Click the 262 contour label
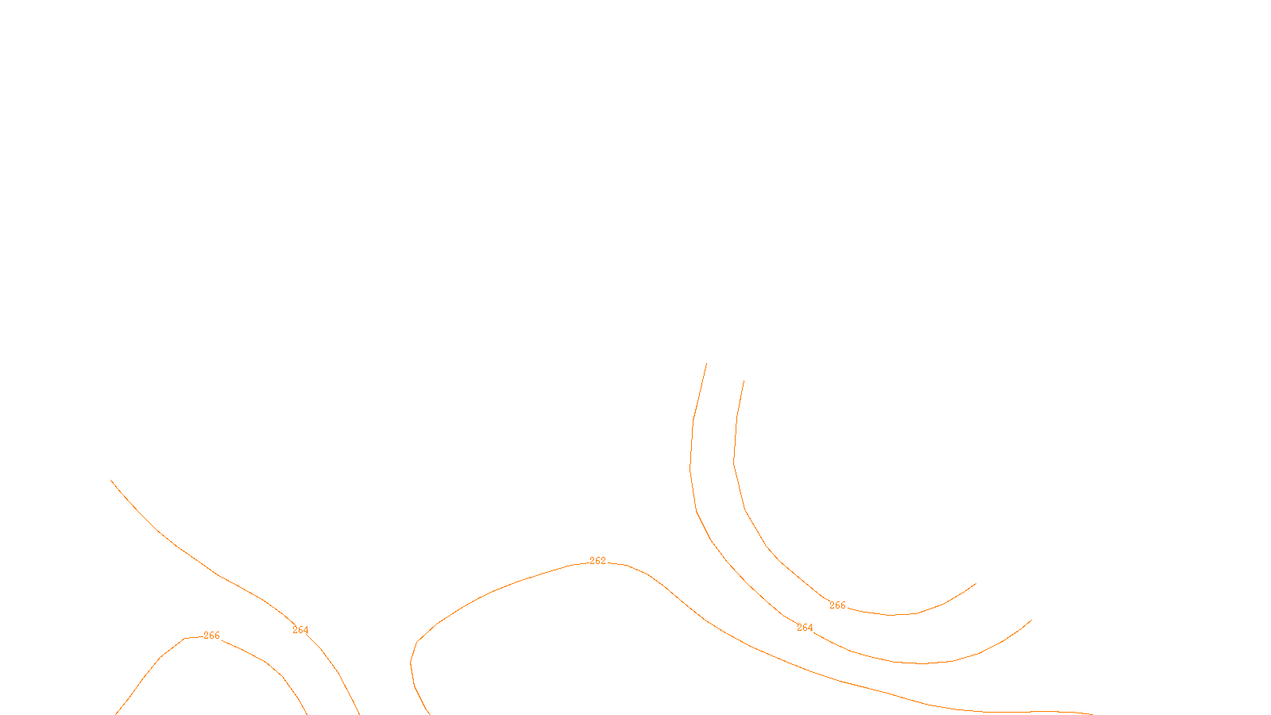click(x=597, y=561)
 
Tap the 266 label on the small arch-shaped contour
click(x=211, y=636)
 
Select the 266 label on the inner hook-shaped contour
click(x=837, y=605)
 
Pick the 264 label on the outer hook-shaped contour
click(x=805, y=628)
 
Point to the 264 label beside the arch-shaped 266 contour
click(x=300, y=630)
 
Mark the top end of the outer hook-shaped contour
click(x=706, y=364)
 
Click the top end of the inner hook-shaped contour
click(x=744, y=381)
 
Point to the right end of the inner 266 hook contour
click(x=975, y=584)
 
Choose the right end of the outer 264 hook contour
click(x=1031, y=620)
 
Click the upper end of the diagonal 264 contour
click(x=111, y=480)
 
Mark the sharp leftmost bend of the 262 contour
click(x=411, y=662)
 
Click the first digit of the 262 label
click(x=593, y=561)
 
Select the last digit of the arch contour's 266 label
click(x=217, y=636)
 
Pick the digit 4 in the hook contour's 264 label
click(x=810, y=628)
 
